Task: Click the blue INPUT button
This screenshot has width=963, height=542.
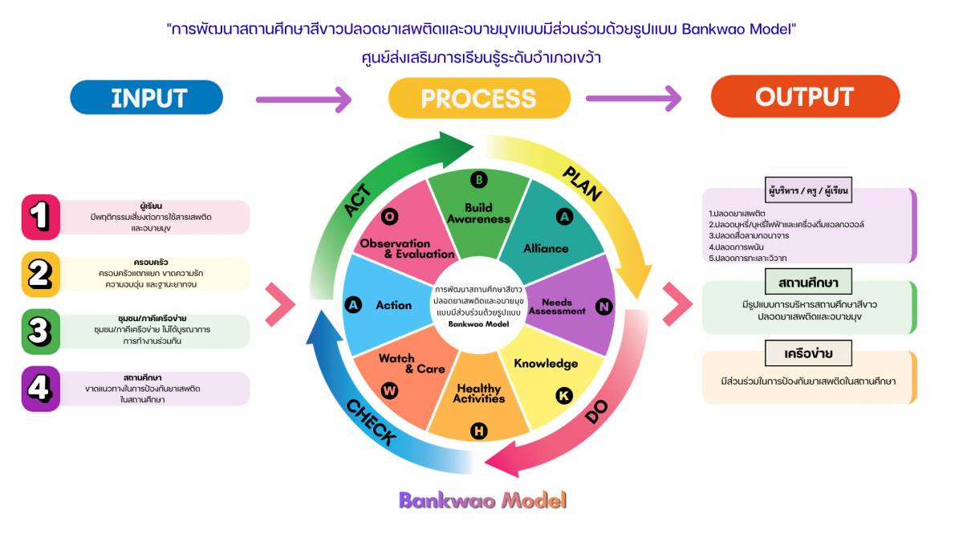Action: coord(147,97)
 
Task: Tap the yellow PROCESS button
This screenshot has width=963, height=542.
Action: coord(478,98)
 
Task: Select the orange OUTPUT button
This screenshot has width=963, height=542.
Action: coord(804,97)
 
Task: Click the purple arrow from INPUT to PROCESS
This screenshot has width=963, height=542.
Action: coord(303,100)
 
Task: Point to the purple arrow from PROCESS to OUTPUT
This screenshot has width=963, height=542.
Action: coord(634,100)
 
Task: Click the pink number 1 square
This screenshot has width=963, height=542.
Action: coord(40,217)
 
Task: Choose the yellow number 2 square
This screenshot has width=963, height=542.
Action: coord(40,275)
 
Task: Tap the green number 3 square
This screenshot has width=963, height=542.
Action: coord(40,331)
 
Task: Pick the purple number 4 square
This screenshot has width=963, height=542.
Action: coord(40,389)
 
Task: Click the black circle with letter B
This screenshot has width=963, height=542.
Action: coord(478,180)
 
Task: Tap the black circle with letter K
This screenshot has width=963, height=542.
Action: coord(565,394)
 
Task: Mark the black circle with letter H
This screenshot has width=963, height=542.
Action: coord(478,431)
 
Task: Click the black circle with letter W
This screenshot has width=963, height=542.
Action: coord(390,391)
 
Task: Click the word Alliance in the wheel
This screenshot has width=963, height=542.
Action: coord(546,249)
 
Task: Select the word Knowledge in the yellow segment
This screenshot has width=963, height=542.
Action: coord(546,364)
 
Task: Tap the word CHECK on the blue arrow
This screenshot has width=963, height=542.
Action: coord(372,422)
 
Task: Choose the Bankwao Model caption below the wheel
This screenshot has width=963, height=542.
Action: coord(482,500)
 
